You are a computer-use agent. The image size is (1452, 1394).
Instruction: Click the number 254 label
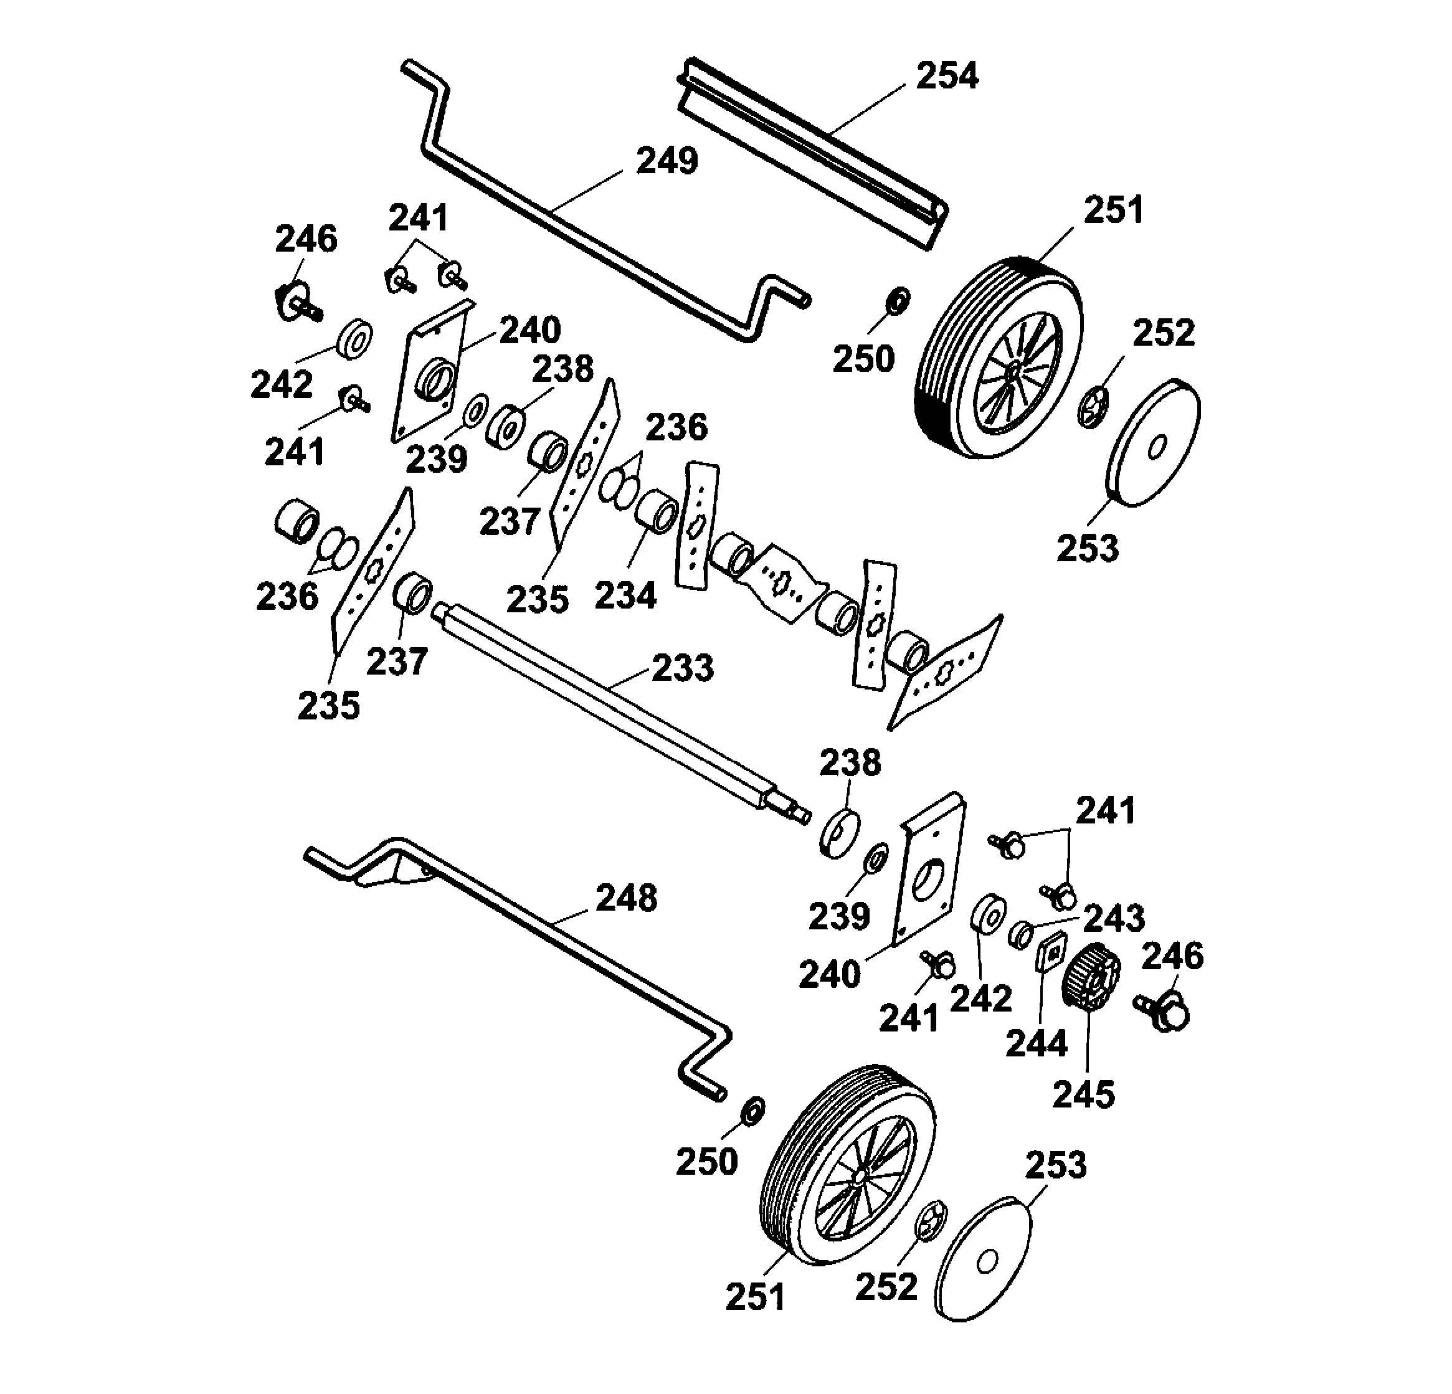tap(947, 76)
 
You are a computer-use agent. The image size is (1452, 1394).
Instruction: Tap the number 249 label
tap(667, 161)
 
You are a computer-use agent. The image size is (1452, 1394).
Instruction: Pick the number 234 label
tap(625, 595)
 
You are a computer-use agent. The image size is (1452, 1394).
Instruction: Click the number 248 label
tap(627, 898)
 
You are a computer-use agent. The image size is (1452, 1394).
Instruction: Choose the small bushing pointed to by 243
tap(1021, 936)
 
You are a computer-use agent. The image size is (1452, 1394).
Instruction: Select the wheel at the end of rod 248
tap(848, 1164)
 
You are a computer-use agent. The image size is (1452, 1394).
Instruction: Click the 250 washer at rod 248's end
tap(755, 1111)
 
